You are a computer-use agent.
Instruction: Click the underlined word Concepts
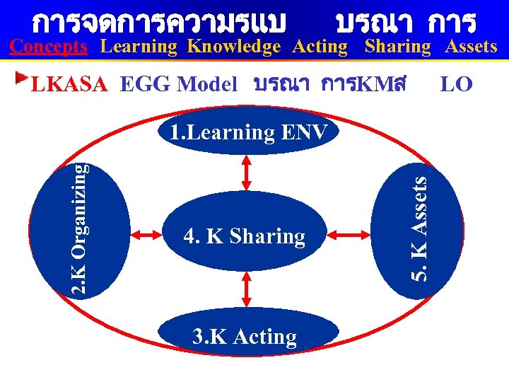49,47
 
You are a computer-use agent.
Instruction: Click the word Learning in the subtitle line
138,47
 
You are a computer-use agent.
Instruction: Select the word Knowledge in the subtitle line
233,47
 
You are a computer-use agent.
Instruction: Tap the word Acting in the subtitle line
320,47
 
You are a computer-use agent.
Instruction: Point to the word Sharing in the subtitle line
397,47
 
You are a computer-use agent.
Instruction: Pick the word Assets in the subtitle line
471,47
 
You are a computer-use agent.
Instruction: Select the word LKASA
69,86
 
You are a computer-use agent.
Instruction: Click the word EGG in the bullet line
146,86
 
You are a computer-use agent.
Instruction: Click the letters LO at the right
456,85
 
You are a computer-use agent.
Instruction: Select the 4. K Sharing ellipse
244,236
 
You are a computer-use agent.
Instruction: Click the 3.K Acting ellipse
245,337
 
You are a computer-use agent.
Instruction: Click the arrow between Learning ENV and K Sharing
247,172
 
